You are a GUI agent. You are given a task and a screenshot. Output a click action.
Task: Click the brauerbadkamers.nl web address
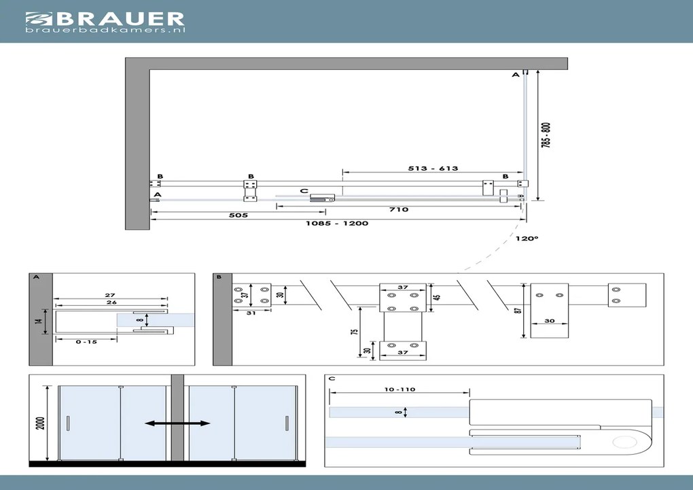click(105, 30)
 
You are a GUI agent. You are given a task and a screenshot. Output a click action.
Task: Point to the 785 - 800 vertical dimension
click(546, 136)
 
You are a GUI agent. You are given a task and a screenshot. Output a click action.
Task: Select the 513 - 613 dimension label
click(433, 169)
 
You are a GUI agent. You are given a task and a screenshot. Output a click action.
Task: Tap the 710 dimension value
click(399, 209)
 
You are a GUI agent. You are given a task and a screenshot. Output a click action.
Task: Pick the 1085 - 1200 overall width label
click(337, 223)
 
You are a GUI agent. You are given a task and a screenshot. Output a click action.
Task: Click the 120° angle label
click(527, 239)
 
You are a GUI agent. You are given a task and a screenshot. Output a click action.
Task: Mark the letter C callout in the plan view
click(304, 191)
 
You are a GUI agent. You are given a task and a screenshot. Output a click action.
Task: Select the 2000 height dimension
click(41, 424)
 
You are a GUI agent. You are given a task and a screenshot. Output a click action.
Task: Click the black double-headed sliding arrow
click(177, 423)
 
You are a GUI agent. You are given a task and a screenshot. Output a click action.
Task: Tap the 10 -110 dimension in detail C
click(399, 389)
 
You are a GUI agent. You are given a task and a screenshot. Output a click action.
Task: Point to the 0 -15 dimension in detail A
click(87, 342)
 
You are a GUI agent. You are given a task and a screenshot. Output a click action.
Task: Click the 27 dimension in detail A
click(109, 296)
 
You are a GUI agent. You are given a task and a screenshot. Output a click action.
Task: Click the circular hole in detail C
click(622, 443)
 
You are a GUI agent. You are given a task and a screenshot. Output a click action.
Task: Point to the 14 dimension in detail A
click(39, 317)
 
